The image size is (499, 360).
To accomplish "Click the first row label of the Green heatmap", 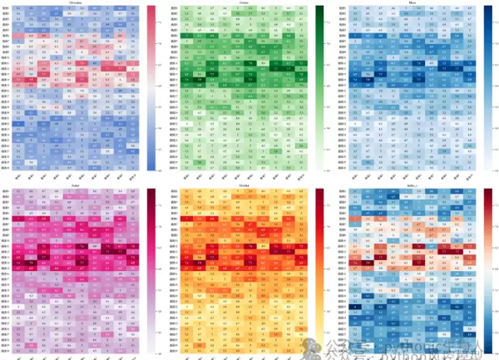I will [174, 8].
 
